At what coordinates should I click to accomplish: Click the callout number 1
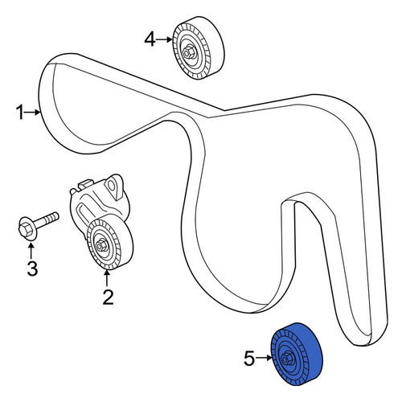(x=20, y=113)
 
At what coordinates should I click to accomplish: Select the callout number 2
(x=108, y=297)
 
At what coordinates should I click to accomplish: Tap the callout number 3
(x=32, y=269)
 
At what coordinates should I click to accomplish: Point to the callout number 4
(x=150, y=39)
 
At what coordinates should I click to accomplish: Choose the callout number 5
(x=249, y=359)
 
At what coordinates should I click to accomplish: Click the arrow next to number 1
(x=32, y=113)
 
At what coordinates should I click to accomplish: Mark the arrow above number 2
(x=107, y=279)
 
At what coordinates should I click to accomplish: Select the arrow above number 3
(x=31, y=251)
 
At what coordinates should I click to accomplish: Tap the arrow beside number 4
(x=164, y=39)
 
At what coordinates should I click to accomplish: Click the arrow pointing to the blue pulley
(x=264, y=358)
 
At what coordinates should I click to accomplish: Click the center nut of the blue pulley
(x=286, y=358)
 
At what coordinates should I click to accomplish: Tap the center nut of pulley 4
(x=188, y=51)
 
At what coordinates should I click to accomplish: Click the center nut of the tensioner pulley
(x=102, y=245)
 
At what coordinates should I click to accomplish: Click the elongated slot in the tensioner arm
(x=84, y=215)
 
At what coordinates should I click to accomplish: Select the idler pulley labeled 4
(x=199, y=48)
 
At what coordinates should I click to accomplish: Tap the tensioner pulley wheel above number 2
(x=110, y=244)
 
